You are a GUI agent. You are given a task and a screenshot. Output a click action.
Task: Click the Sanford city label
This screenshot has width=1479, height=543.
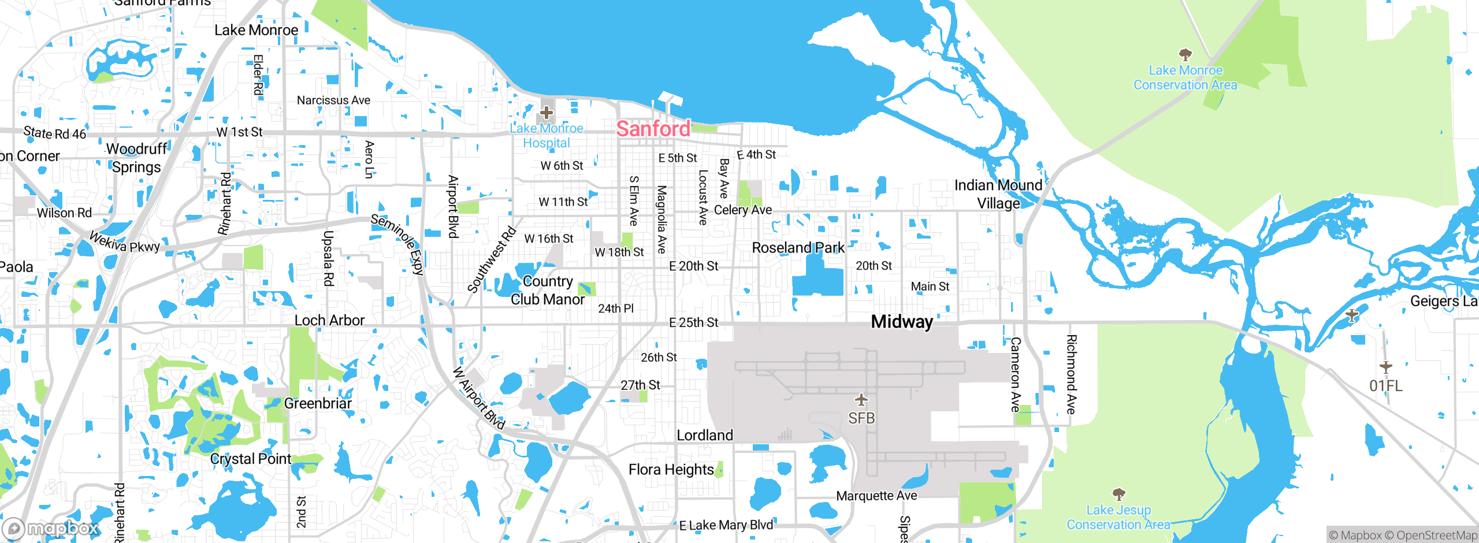click(x=653, y=128)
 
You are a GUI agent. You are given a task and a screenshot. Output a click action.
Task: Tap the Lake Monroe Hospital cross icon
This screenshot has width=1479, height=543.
click(x=547, y=112)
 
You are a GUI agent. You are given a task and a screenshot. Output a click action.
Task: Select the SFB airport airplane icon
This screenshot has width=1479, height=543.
click(x=861, y=400)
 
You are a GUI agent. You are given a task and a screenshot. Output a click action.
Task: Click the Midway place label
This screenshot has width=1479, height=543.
click(x=902, y=322)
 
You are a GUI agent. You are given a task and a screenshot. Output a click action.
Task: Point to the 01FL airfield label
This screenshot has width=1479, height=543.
click(x=1385, y=385)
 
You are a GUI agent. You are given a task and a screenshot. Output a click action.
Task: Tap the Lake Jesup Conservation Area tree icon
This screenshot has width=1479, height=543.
click(x=1119, y=494)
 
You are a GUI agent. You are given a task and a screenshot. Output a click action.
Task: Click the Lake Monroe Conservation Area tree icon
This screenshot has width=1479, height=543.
click(x=1186, y=55)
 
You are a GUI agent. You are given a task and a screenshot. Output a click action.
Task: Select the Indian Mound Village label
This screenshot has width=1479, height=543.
click(x=998, y=194)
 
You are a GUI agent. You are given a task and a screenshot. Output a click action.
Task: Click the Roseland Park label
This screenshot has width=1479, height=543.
click(x=798, y=248)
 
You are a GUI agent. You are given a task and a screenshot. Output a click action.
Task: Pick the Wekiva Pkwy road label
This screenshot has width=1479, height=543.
click(x=124, y=242)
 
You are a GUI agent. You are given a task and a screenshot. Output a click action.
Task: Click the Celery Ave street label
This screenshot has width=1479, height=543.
click(x=743, y=210)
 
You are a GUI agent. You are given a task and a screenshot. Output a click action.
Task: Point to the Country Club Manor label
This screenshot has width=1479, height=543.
click(x=547, y=290)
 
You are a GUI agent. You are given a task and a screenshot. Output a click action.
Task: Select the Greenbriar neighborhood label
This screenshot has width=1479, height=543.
click(x=318, y=403)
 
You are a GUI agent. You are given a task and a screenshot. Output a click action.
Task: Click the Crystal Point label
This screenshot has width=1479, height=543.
click(x=251, y=459)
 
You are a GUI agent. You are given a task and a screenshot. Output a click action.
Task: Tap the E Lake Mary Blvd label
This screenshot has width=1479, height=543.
click(x=726, y=525)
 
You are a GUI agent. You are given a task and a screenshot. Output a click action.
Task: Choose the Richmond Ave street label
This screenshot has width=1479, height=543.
click(x=1071, y=374)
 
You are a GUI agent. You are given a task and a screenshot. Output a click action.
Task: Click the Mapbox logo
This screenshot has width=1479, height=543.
click(x=51, y=529)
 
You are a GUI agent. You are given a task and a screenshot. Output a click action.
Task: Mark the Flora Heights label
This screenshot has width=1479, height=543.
click(x=671, y=470)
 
